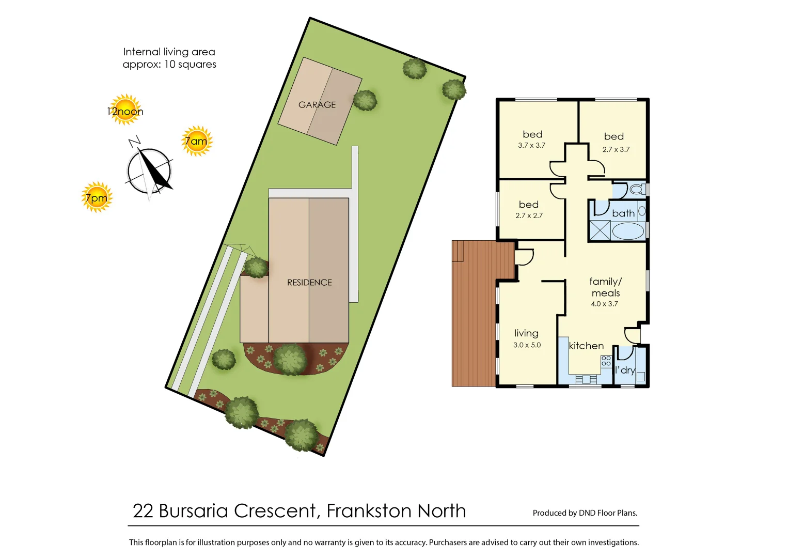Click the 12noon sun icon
[125, 110]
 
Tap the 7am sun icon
[197, 141]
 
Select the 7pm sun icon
[97, 197]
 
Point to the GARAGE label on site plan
[317, 105]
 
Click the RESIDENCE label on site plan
[309, 283]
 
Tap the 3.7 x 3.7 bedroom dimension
[531, 146]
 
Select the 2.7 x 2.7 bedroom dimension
[529, 216]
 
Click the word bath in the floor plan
[623, 213]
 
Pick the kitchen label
[586, 346]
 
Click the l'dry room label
[625, 370]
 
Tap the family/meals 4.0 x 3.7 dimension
[604, 304]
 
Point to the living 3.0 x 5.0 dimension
[527, 345]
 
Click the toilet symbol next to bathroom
[637, 190]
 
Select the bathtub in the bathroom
[628, 231]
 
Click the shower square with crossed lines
[600, 230]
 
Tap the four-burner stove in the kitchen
[606, 361]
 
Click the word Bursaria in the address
[193, 511]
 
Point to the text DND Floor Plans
[608, 513]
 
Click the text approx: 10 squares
[169, 65]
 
